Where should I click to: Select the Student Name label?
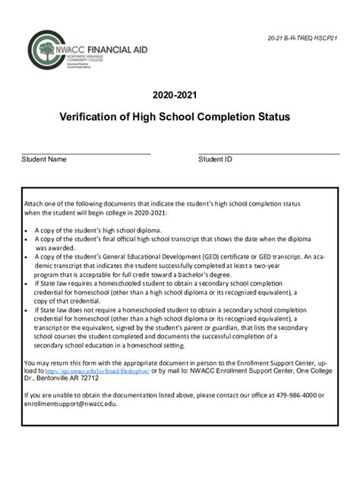pos(44,160)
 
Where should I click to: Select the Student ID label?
pos(215,160)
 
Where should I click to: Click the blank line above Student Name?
pos(86,154)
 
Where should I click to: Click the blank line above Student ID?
pos(268,154)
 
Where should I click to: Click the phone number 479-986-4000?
pos(296,395)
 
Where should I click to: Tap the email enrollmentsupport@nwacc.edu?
pos(71,404)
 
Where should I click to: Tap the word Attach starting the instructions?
pos(35,204)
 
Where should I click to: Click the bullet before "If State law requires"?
pos(27,283)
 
